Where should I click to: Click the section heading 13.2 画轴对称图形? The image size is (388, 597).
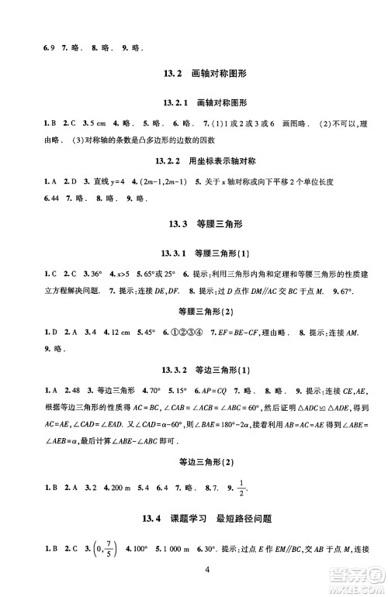pyautogui.click(x=193, y=74)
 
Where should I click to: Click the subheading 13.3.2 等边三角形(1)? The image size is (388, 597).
pyautogui.click(x=193, y=369)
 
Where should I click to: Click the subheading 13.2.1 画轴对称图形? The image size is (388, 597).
pyautogui.click(x=193, y=103)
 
